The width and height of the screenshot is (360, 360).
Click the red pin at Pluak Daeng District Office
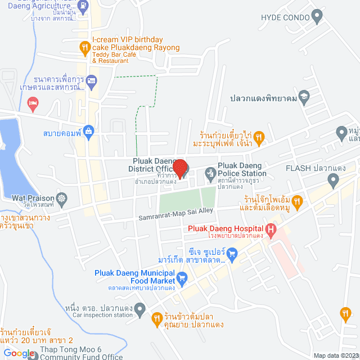click(179, 168)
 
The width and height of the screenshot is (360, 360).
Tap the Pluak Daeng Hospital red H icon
click(271, 229)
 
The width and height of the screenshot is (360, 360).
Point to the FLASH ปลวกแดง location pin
click(333, 180)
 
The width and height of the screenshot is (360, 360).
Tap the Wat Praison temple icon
click(61, 198)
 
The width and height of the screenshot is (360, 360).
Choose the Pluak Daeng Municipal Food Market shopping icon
click(182, 277)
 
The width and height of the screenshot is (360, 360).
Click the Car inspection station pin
click(140, 308)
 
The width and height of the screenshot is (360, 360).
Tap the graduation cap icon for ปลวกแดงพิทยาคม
click(304, 96)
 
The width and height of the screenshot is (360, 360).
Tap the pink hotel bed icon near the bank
click(33, 102)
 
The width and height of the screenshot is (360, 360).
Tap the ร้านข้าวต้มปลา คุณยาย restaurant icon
click(157, 319)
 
